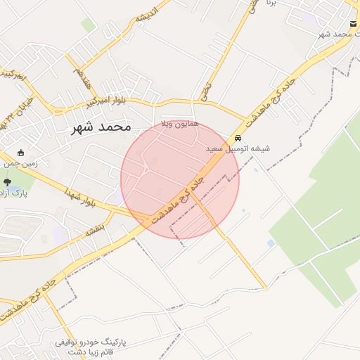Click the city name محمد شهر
(101, 127)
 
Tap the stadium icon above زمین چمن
(20, 153)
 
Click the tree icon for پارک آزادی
(7, 182)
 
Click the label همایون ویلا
(181, 124)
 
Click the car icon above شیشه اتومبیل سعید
(238, 139)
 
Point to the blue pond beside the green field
(271, 243)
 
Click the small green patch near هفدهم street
(87, 26)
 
